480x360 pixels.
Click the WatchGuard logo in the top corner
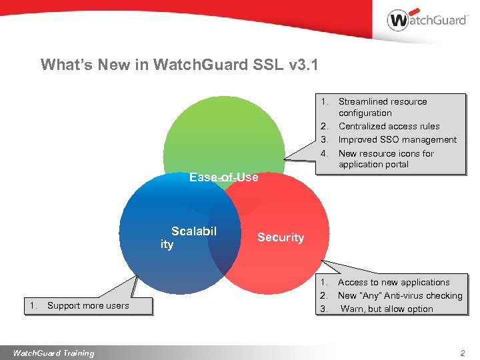pyautogui.click(x=427, y=20)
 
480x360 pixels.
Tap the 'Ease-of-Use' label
pyautogui.click(x=223, y=177)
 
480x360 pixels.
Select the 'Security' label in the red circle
pyautogui.click(x=281, y=237)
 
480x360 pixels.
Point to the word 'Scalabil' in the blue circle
pyautogui.click(x=194, y=231)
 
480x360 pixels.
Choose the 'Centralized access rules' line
pyautogui.click(x=389, y=126)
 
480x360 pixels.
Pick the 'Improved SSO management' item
pyautogui.click(x=397, y=139)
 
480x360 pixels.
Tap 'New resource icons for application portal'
pyautogui.click(x=385, y=159)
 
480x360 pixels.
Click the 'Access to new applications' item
pyautogui.click(x=393, y=282)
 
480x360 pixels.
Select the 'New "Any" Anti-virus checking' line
pyautogui.click(x=400, y=295)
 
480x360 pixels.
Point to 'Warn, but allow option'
pyautogui.click(x=387, y=309)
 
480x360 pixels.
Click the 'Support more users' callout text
pyautogui.click(x=88, y=305)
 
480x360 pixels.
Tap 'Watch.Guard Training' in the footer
pyautogui.click(x=53, y=353)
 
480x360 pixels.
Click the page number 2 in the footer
pyautogui.click(x=461, y=353)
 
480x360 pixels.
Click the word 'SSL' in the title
pyautogui.click(x=267, y=65)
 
